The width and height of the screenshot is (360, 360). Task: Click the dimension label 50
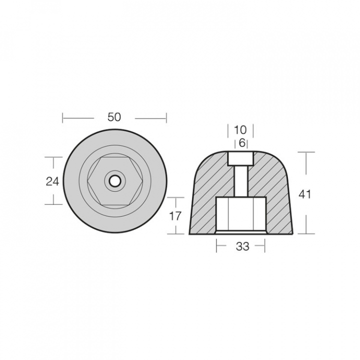point(114,117)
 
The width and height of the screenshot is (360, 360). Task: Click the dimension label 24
point(52,181)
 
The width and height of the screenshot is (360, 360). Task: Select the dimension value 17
point(175,216)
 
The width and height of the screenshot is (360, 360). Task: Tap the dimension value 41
point(304,194)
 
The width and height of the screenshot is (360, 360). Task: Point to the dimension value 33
point(242,246)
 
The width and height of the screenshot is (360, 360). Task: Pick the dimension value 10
point(240,130)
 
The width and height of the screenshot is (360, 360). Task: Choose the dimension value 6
point(242,143)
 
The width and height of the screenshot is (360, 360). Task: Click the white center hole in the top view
point(114,181)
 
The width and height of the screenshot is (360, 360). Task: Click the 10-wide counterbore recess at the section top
point(240,158)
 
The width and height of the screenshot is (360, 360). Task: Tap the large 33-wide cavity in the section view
point(241,215)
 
